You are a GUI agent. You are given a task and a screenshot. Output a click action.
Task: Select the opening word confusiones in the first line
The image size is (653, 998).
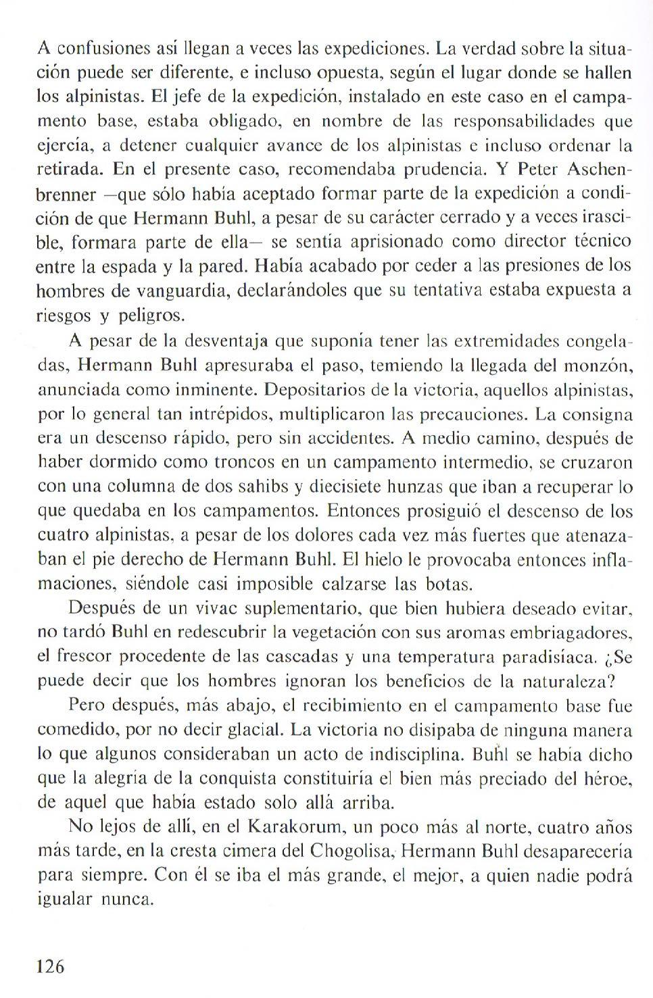tap(100, 49)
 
